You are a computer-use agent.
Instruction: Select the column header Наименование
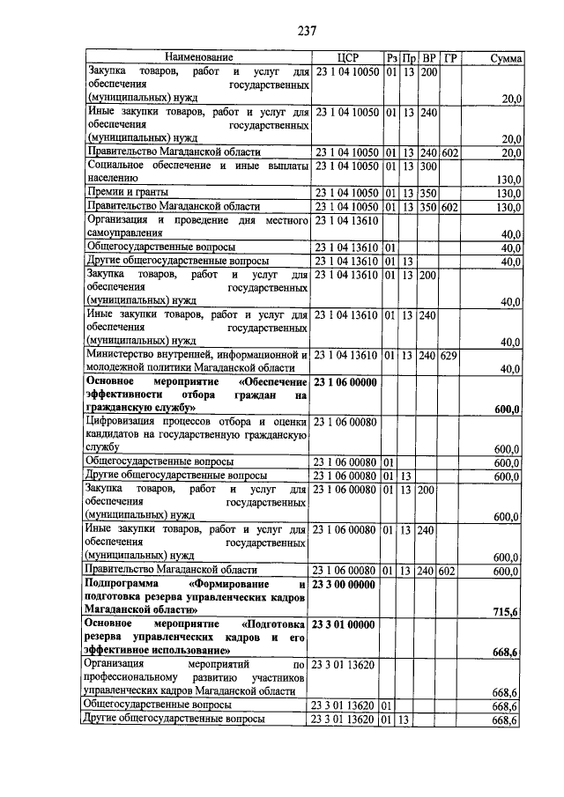tap(197, 57)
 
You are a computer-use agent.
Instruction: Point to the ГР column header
tap(451, 57)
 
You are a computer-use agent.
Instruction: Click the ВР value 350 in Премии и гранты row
tap(429, 192)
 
